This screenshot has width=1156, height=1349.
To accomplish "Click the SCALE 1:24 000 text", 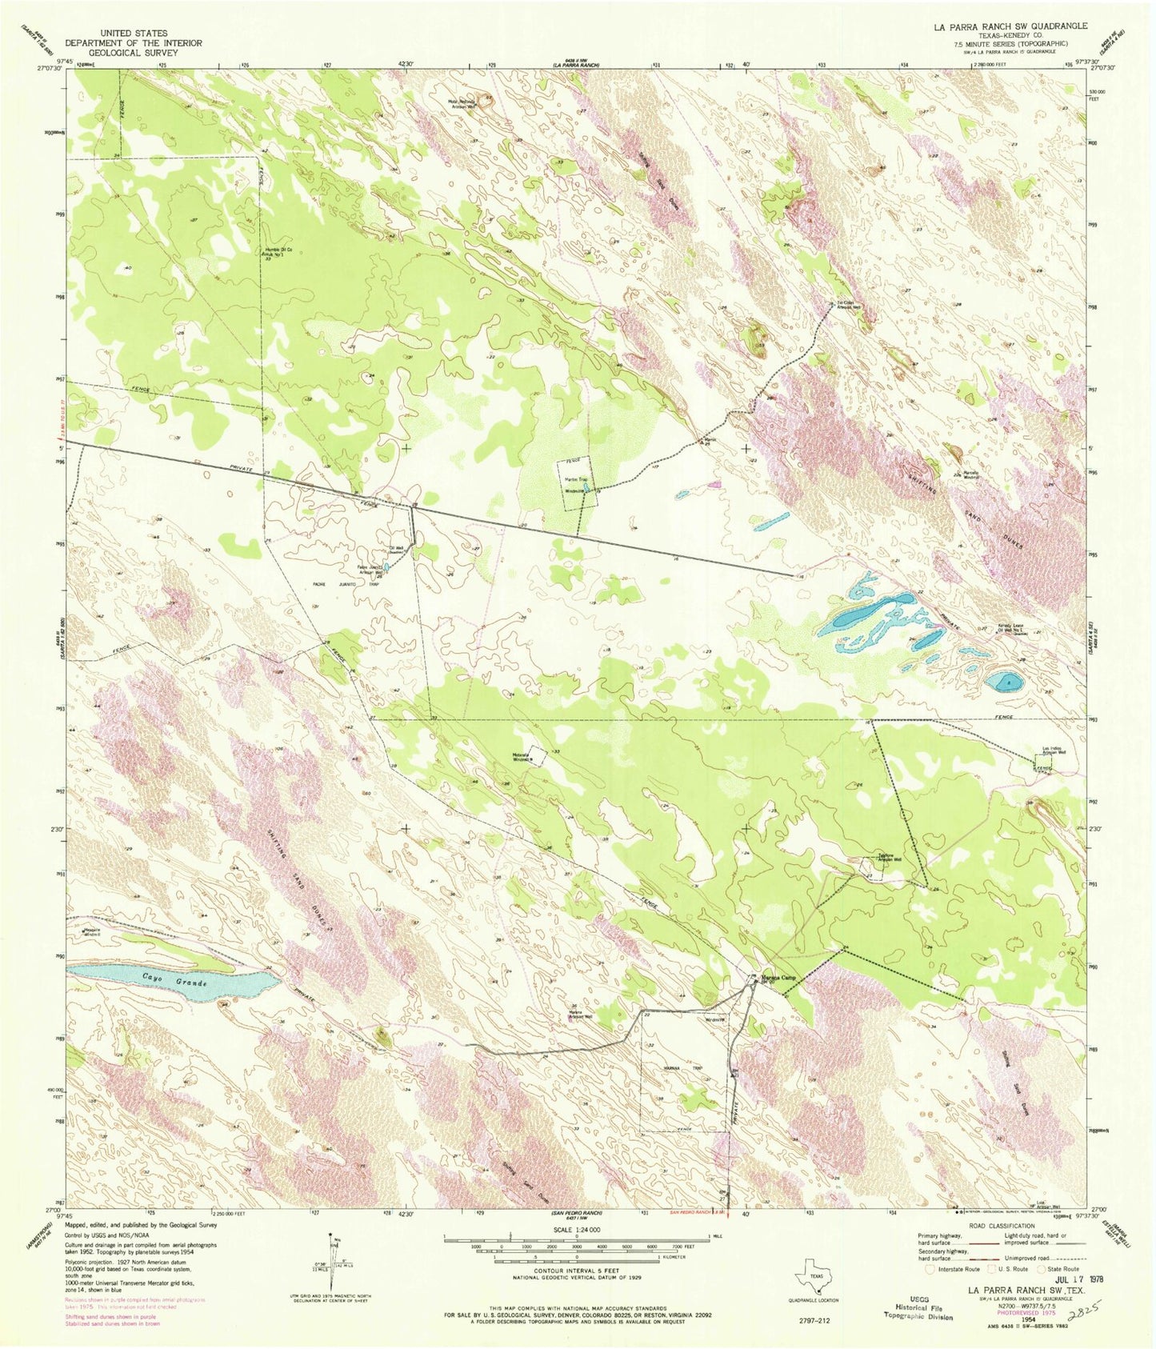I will point(576,1229).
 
